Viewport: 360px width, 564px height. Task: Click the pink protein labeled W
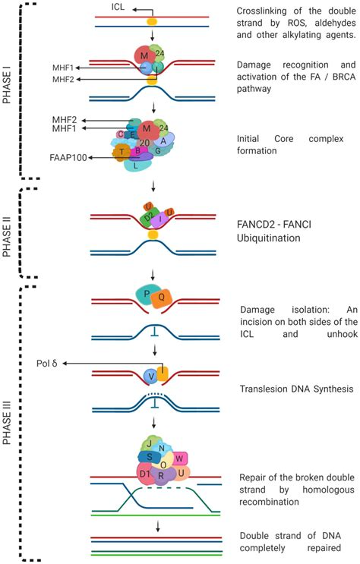(x=178, y=458)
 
